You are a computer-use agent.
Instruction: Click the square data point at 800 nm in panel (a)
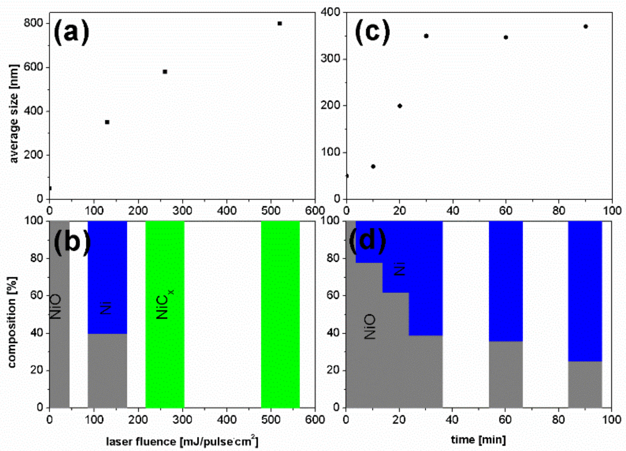point(280,24)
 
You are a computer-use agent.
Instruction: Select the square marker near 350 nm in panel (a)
point(107,122)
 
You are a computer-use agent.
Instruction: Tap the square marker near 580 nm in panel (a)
point(165,72)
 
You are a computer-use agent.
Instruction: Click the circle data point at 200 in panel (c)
point(400,106)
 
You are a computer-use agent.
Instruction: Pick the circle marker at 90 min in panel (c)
point(586,27)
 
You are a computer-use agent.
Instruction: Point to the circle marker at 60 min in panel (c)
point(506,38)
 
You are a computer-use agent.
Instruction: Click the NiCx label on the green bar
point(164,303)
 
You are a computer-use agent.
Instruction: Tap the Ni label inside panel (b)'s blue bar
point(106,308)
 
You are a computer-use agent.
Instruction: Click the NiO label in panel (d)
point(370,326)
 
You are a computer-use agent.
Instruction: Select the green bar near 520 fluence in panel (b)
point(280,314)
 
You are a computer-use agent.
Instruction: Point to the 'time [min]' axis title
point(478,439)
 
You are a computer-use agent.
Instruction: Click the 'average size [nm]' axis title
point(14,114)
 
